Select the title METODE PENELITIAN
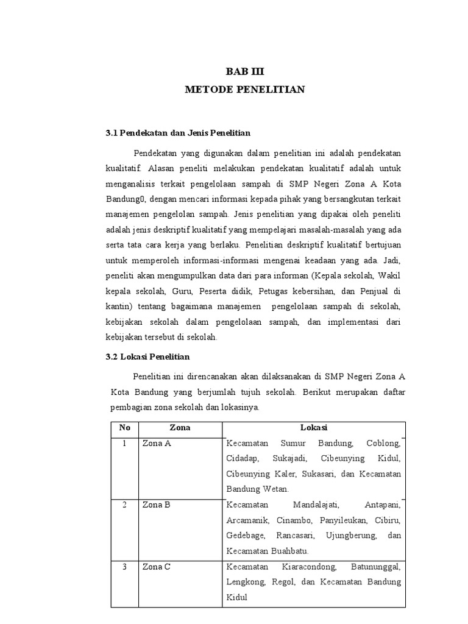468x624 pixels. pyautogui.click(x=245, y=90)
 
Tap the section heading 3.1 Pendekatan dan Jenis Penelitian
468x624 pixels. pyautogui.click(x=178, y=132)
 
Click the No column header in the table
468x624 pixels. pyautogui.click(x=124, y=428)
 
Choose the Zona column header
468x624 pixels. pyautogui.click(x=180, y=428)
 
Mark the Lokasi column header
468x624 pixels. pyautogui.click(x=314, y=428)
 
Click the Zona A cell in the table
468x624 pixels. pyautogui.click(x=157, y=444)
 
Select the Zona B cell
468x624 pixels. pyautogui.click(x=157, y=505)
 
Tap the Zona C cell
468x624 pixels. pyautogui.click(x=157, y=567)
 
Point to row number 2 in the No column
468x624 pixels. pyautogui.click(x=124, y=505)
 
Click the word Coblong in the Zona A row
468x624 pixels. pyautogui.click(x=383, y=444)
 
